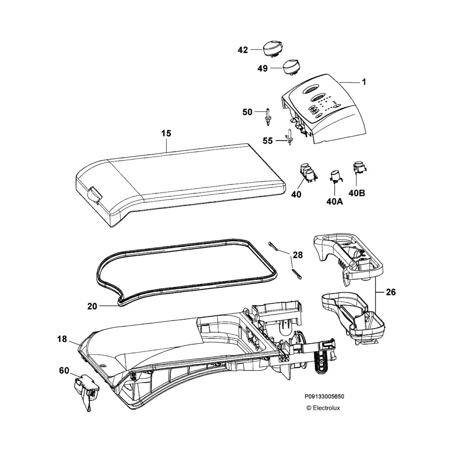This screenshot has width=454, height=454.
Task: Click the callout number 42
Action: point(243,50)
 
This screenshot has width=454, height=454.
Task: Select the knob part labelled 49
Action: point(291,67)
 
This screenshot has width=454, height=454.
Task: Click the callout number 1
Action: point(364,82)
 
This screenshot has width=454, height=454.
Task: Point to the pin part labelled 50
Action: point(269,115)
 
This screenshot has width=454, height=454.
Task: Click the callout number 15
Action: point(166,133)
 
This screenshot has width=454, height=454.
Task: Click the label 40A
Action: point(334,201)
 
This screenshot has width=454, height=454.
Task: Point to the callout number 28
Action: point(297,255)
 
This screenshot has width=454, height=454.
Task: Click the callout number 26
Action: point(391,292)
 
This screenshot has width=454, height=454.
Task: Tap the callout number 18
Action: point(62,339)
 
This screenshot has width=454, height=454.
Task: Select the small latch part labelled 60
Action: point(86,389)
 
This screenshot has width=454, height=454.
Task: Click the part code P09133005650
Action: point(324,397)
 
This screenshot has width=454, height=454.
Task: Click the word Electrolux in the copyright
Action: point(326,408)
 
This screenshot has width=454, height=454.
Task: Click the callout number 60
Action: point(65,370)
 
